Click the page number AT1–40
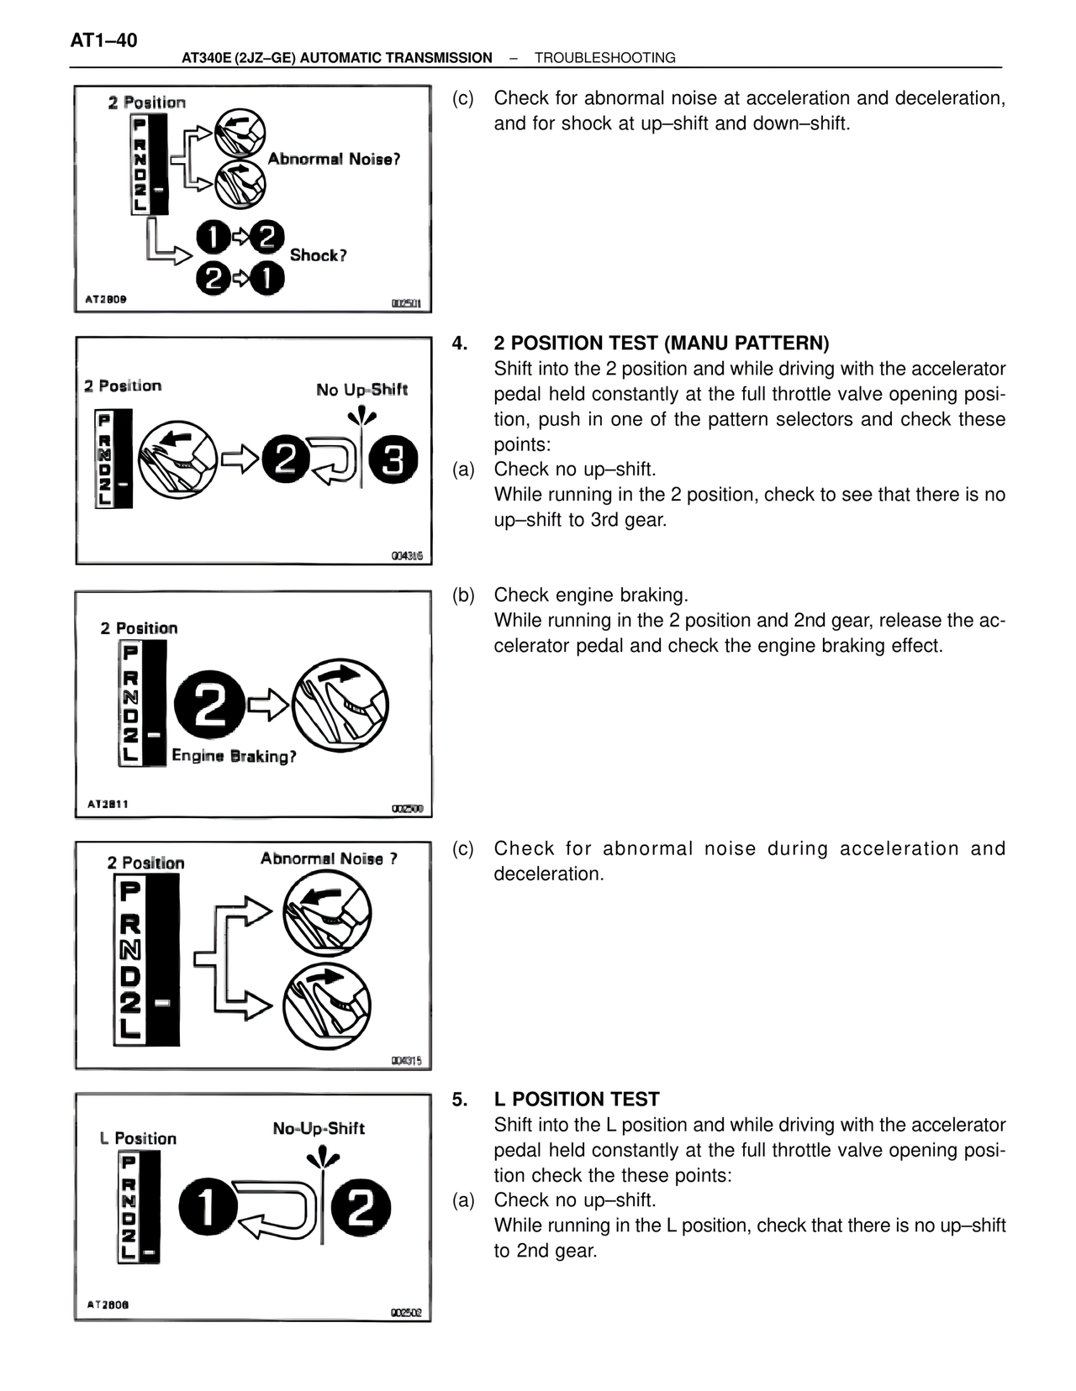pyautogui.click(x=103, y=40)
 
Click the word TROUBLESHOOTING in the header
pyautogui.click(x=604, y=58)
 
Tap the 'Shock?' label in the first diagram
pyautogui.click(x=318, y=255)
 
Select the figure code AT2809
pyautogui.click(x=106, y=299)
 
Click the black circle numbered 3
pyautogui.click(x=393, y=459)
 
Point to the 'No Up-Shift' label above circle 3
pyautogui.click(x=361, y=390)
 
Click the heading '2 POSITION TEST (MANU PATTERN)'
pyautogui.click(x=661, y=343)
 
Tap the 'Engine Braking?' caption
pyautogui.click(x=234, y=756)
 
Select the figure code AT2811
pyautogui.click(x=108, y=804)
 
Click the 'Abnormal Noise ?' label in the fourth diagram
pyautogui.click(x=329, y=858)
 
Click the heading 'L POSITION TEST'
pyautogui.click(x=577, y=1099)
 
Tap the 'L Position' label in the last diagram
pyautogui.click(x=138, y=1138)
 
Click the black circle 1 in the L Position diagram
pyautogui.click(x=203, y=1209)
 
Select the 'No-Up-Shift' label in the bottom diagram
pyautogui.click(x=319, y=1128)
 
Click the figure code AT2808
pyautogui.click(x=108, y=1304)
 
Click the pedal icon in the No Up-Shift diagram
pyautogui.click(x=177, y=459)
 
